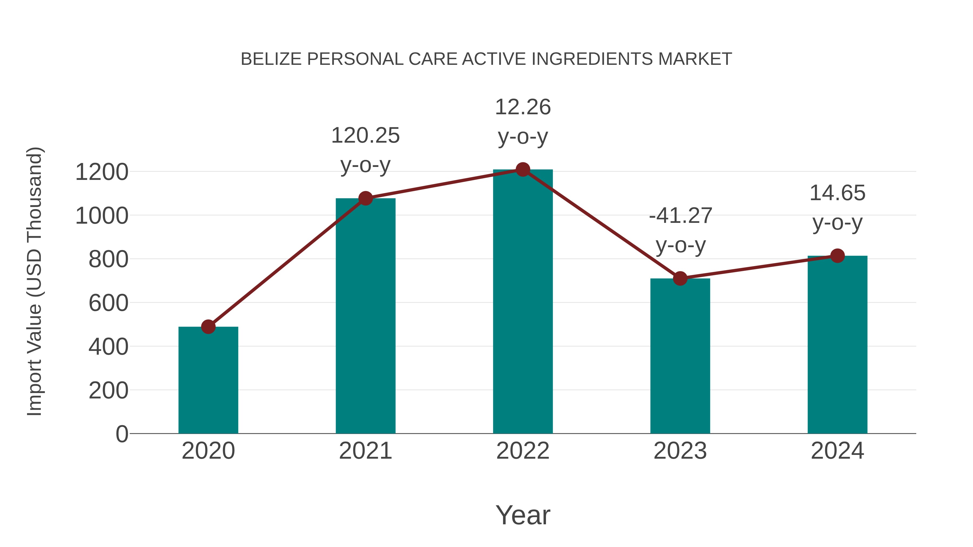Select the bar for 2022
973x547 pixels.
tap(523, 302)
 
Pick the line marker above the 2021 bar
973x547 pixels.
tap(365, 198)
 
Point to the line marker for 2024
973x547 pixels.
tap(837, 256)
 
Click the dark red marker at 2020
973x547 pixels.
tap(208, 327)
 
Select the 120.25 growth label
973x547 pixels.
tap(365, 136)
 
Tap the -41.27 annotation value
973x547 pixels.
tap(680, 216)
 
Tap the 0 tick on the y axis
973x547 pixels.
tap(122, 434)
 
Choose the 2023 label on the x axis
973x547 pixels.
tap(680, 451)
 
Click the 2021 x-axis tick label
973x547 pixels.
tap(365, 451)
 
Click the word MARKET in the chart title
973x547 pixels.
tap(695, 59)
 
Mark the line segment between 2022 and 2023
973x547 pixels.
tap(601, 224)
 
